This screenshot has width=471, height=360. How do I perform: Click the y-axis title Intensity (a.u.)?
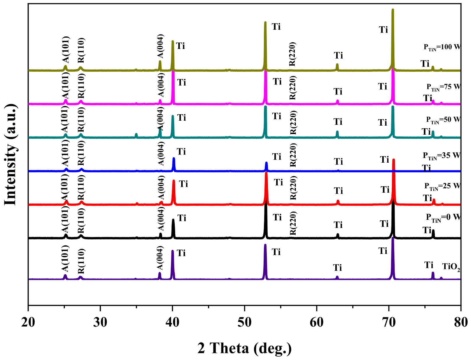[11, 154]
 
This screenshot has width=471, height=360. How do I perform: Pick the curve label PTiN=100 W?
[442, 47]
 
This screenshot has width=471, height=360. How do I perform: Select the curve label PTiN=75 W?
[444, 87]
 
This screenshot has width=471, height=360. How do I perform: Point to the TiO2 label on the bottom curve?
[451, 266]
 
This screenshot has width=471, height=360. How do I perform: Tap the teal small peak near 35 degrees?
[136, 134]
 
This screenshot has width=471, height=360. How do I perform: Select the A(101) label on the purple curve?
[65, 258]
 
